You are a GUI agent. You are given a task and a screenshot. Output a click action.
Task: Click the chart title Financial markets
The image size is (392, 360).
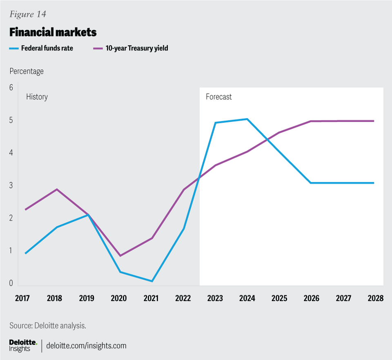click(x=53, y=32)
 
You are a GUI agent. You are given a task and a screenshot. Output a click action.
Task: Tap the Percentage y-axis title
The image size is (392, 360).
click(x=27, y=71)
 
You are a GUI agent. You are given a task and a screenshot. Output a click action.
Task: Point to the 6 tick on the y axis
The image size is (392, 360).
click(x=11, y=87)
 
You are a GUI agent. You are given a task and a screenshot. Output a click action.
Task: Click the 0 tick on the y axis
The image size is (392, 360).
click(x=11, y=283)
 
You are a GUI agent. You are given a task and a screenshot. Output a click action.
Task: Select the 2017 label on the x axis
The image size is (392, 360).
click(x=23, y=298)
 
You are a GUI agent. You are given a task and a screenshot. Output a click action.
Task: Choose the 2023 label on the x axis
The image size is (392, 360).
click(x=215, y=298)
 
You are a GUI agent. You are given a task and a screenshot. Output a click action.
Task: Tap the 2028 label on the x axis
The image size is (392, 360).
click(x=375, y=298)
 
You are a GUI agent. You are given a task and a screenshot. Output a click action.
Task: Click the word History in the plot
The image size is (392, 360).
click(x=37, y=97)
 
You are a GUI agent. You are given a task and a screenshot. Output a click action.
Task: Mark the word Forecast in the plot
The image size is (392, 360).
click(x=218, y=97)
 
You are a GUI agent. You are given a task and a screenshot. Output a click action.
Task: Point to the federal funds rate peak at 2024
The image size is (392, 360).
click(x=247, y=119)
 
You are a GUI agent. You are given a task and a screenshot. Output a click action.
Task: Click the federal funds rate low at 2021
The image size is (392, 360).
click(x=151, y=281)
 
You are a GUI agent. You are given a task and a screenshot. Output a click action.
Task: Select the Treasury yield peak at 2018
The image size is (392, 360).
click(x=57, y=189)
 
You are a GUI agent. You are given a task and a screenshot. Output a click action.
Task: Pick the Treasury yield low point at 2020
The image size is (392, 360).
click(x=120, y=256)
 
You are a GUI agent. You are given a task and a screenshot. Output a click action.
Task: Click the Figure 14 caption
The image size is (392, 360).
click(x=28, y=14)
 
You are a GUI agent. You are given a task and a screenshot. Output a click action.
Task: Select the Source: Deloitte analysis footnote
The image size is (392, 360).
click(x=48, y=326)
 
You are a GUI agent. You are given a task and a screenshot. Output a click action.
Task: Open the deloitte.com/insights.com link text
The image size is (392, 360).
click(x=87, y=346)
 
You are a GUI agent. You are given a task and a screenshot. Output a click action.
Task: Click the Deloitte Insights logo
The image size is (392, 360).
click(x=23, y=346)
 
